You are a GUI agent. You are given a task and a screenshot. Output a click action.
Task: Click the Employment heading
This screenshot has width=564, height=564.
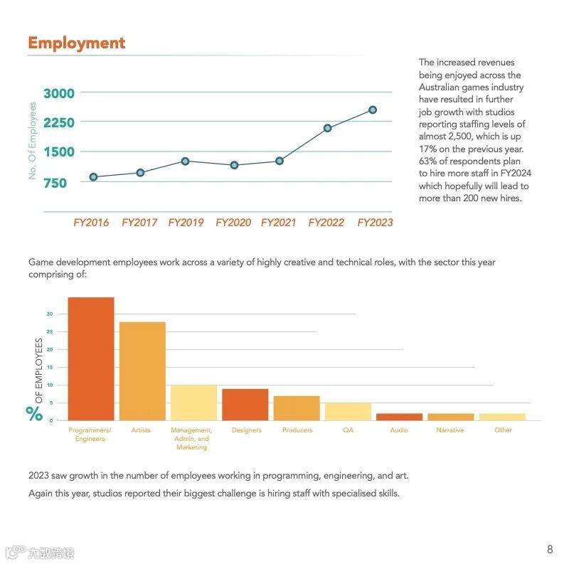(76, 43)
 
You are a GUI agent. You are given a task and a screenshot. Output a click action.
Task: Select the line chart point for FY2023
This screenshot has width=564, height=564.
(373, 110)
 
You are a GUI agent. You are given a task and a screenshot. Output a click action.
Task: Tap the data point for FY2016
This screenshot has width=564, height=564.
(93, 176)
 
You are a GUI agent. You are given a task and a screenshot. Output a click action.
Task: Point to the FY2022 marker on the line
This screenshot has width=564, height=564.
(327, 128)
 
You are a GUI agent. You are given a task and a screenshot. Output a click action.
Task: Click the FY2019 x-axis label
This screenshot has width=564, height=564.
(186, 223)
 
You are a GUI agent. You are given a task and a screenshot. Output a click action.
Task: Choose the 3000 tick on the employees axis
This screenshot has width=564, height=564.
(59, 93)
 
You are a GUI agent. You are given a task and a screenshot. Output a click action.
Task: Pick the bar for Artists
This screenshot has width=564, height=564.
(142, 371)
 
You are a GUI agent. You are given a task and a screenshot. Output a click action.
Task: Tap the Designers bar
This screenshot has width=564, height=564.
(245, 404)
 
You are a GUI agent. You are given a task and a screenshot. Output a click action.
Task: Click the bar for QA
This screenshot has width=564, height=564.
(348, 411)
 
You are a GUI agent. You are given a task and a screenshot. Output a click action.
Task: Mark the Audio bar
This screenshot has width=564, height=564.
(399, 417)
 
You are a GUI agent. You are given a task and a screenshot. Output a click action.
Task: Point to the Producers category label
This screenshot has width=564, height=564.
(297, 430)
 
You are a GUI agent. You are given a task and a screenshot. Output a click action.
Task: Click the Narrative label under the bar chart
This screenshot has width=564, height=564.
(449, 430)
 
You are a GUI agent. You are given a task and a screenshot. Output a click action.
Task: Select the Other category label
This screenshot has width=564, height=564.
(503, 430)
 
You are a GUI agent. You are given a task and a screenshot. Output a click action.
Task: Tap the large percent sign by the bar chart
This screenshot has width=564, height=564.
(34, 413)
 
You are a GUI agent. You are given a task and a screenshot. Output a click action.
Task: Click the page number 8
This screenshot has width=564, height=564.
(549, 549)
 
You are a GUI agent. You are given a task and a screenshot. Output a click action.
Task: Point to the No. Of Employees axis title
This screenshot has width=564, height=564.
(32, 141)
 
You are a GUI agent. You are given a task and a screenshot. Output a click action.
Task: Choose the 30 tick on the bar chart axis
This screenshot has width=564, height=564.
(50, 314)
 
